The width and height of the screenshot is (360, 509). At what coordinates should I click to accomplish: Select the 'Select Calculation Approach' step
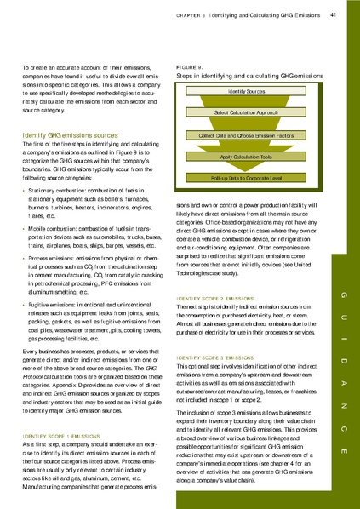[248, 112]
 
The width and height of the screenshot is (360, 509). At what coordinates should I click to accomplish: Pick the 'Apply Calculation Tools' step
[248, 157]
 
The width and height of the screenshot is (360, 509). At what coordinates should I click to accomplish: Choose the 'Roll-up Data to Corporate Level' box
[248, 179]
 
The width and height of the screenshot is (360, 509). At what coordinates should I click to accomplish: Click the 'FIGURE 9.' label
[189, 66]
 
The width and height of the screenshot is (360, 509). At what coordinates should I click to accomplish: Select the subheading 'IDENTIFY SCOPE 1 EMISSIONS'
[64, 437]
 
